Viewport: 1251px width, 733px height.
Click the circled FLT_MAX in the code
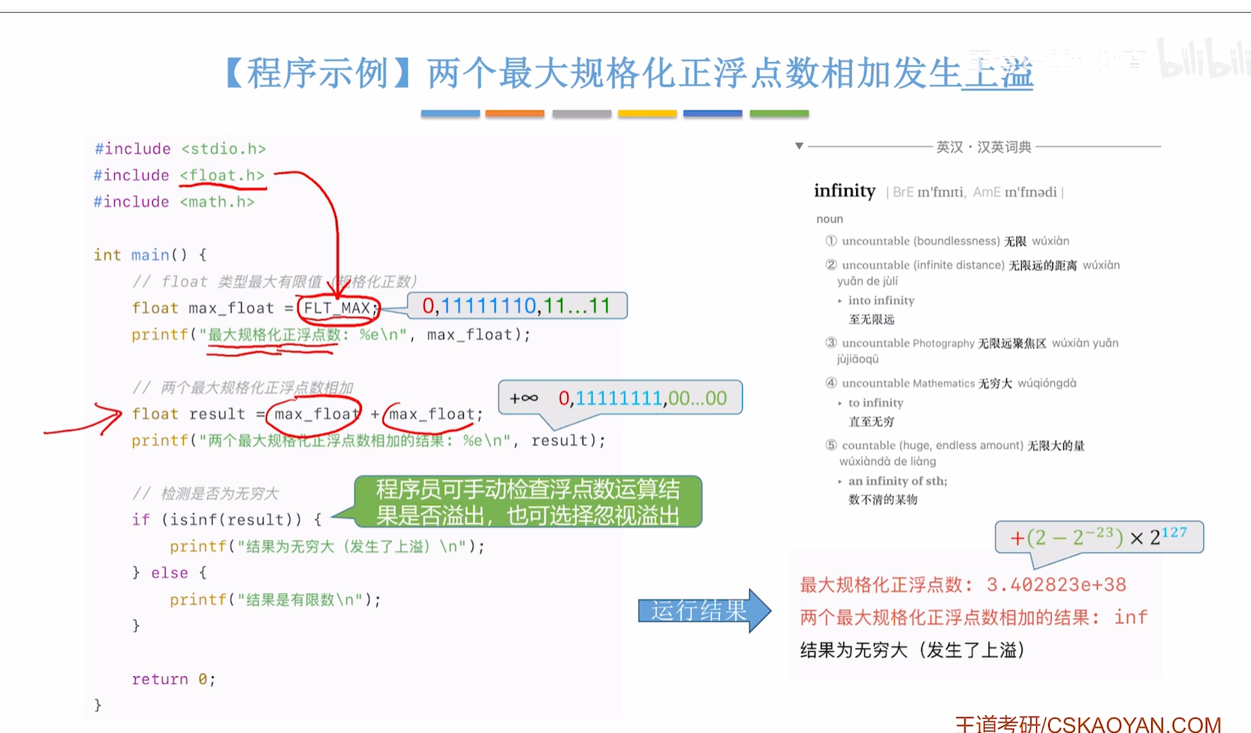[338, 308]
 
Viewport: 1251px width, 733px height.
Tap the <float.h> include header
[222, 176]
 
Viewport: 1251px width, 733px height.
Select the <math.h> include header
[217, 202]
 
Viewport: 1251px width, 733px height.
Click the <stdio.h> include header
[223, 149]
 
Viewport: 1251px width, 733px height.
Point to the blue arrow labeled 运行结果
[703, 611]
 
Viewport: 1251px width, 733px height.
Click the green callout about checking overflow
[527, 502]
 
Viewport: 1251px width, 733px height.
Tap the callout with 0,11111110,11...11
[516, 306]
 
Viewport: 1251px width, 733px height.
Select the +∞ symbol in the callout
[523, 398]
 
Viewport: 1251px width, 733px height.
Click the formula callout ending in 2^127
[1098, 537]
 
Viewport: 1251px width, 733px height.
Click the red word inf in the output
[1130, 617]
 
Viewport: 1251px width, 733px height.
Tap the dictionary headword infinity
[844, 191]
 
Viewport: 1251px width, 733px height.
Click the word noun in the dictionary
[830, 219]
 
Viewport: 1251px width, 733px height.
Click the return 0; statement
[173, 679]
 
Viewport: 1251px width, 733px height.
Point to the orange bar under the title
[514, 113]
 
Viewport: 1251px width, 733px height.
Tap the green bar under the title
[779, 113]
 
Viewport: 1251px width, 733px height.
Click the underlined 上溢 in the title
[997, 74]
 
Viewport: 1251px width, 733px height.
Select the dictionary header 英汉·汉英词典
[983, 147]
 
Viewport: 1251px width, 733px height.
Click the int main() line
[149, 255]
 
